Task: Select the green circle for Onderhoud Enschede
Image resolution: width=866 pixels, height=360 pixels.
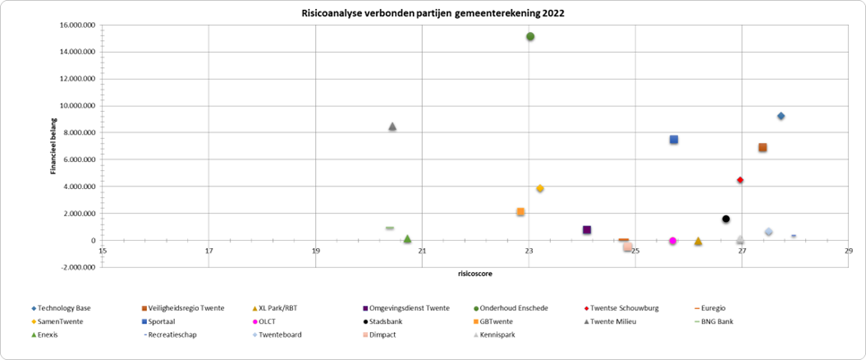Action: pyautogui.click(x=530, y=37)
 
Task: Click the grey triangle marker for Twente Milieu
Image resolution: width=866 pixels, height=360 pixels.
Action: pyautogui.click(x=392, y=126)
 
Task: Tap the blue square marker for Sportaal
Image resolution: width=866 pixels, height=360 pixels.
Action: pyautogui.click(x=673, y=140)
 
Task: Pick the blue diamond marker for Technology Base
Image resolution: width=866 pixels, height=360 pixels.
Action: pyautogui.click(x=781, y=116)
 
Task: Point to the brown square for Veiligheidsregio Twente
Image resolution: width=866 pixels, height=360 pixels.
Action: pyautogui.click(x=762, y=148)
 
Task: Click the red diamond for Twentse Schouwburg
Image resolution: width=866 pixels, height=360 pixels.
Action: pyautogui.click(x=741, y=180)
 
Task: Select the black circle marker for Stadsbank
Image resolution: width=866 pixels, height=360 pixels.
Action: pyautogui.click(x=726, y=219)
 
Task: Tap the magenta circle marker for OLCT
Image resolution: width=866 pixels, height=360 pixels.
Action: pyautogui.click(x=673, y=241)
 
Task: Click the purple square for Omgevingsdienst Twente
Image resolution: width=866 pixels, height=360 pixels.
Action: pyautogui.click(x=587, y=230)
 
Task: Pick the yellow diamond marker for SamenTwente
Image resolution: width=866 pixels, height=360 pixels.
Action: pyautogui.click(x=540, y=189)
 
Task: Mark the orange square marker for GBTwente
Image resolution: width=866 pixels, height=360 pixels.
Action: pyautogui.click(x=520, y=212)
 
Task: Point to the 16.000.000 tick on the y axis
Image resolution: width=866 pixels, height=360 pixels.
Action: pyautogui.click(x=77, y=25)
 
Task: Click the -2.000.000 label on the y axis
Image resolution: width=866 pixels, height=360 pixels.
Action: pyautogui.click(x=75, y=267)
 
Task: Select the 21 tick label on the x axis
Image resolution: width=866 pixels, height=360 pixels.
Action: pyautogui.click(x=422, y=252)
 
